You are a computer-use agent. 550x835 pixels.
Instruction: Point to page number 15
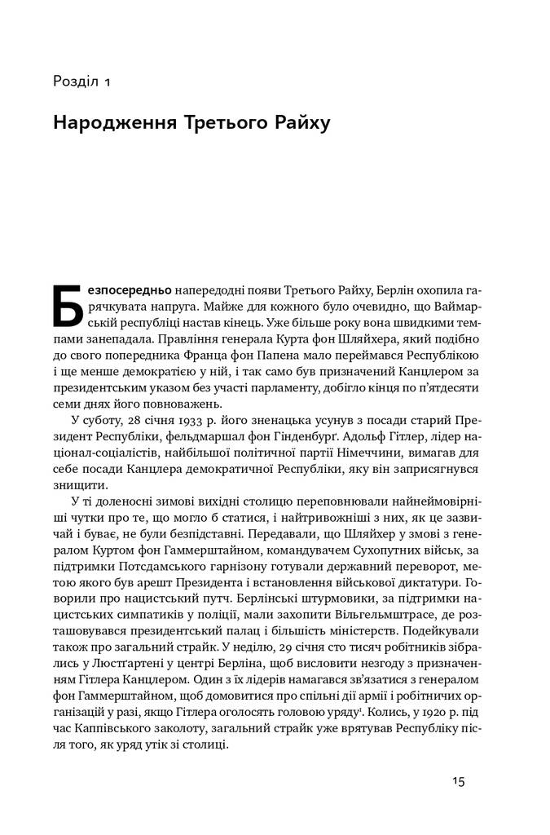458,781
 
